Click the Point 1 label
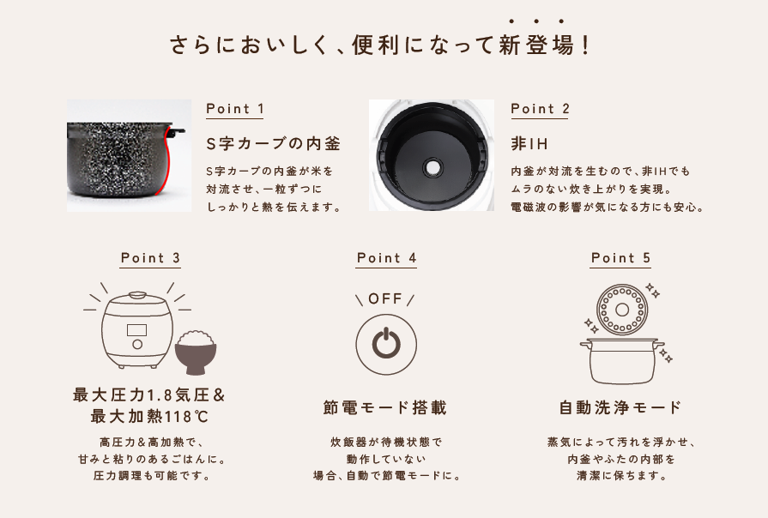pyautogui.click(x=234, y=109)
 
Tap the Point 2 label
pyautogui.click(x=540, y=109)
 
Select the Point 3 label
pyautogui.click(x=150, y=258)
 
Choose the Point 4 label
pyautogui.click(x=386, y=258)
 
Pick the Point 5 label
pyautogui.click(x=620, y=258)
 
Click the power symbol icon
pyautogui.click(x=386, y=345)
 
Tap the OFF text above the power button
pyautogui.click(x=385, y=298)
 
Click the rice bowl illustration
pyautogui.click(x=196, y=352)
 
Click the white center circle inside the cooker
pyautogui.click(x=432, y=167)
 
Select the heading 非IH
pyautogui.click(x=529, y=144)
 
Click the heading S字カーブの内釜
pyautogui.click(x=273, y=144)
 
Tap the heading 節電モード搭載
pyautogui.click(x=385, y=408)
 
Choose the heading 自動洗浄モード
pyautogui.click(x=620, y=408)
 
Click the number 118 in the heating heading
pyautogui.click(x=178, y=417)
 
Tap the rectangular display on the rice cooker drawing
pyautogui.click(x=136, y=329)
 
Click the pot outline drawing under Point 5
pyautogui.click(x=622, y=361)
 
